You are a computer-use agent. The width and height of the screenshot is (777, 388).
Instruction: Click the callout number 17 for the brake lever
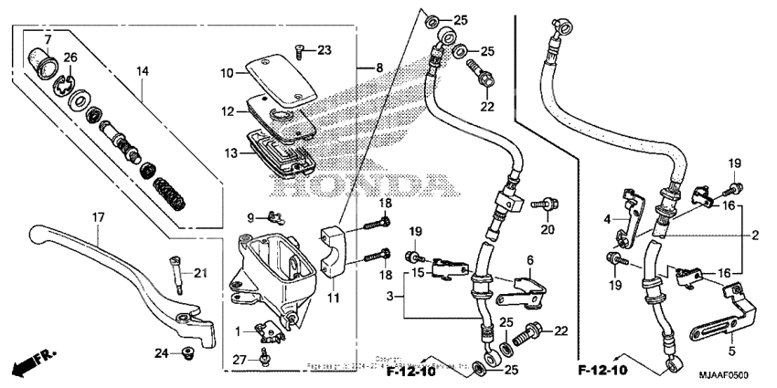(99, 217)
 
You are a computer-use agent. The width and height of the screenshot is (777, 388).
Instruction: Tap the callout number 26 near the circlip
(71, 58)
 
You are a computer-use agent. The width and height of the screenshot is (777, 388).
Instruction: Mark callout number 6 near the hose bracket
(530, 260)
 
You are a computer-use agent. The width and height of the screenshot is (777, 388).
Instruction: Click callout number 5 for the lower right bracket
(731, 349)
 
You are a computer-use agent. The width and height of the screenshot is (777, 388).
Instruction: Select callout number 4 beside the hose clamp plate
(606, 218)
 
